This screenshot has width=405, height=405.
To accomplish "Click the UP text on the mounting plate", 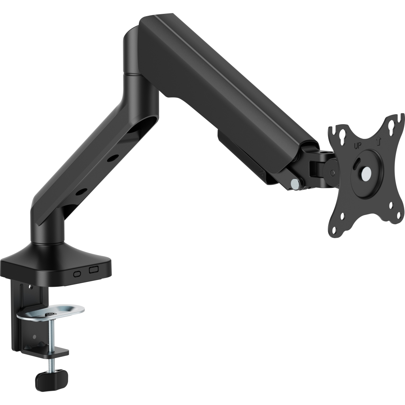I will pos(357,145).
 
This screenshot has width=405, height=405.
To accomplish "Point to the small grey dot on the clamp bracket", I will pos(34,337).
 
